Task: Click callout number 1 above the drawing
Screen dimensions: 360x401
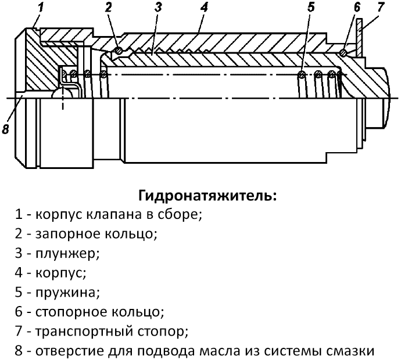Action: pyautogui.click(x=40, y=8)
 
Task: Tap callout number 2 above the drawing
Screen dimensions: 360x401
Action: pyautogui.click(x=109, y=8)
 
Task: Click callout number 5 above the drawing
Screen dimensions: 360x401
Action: pyautogui.click(x=310, y=8)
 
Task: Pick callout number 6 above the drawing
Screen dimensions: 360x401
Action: pyautogui.click(x=356, y=8)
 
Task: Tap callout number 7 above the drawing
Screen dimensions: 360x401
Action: pyautogui.click(x=381, y=8)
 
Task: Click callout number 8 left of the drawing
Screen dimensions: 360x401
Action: pyautogui.click(x=6, y=129)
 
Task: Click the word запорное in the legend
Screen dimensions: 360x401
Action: pyautogui.click(x=65, y=234)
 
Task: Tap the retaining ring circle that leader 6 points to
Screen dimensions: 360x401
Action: pyautogui.click(x=343, y=53)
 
